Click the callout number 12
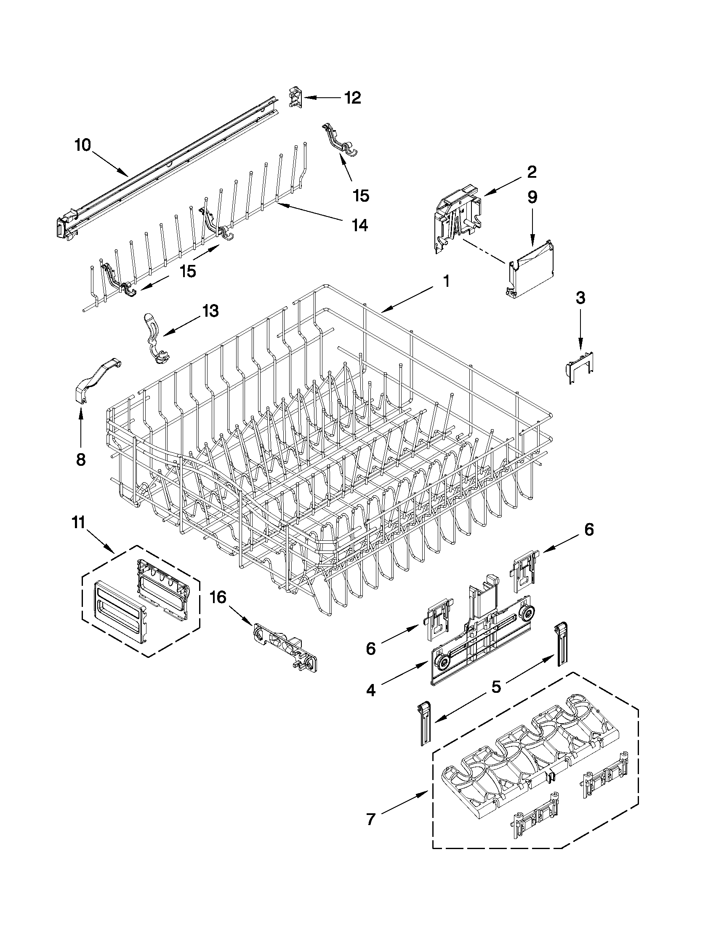pos(352,98)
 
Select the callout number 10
pos(83,146)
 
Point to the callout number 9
pos(532,197)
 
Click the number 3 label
pos(580,298)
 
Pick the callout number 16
pos(218,598)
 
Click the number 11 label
pos(79,522)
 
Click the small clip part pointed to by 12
pos(295,98)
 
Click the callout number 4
pos(371,691)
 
